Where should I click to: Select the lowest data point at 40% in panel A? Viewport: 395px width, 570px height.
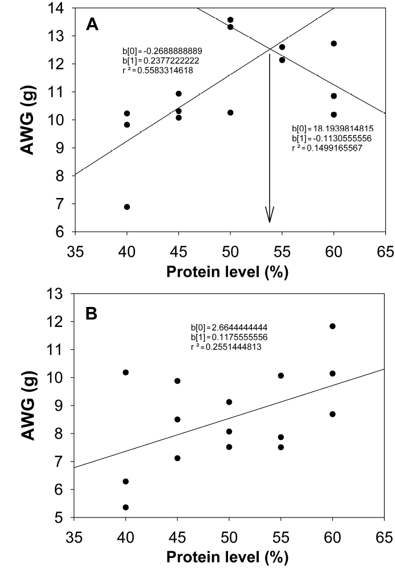(x=127, y=207)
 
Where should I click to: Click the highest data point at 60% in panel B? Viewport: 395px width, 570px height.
(x=333, y=326)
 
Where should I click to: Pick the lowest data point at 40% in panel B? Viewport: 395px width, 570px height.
(x=126, y=507)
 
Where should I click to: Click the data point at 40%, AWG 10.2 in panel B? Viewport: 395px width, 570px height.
(x=126, y=373)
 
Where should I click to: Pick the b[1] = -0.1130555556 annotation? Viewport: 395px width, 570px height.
(x=332, y=138)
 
